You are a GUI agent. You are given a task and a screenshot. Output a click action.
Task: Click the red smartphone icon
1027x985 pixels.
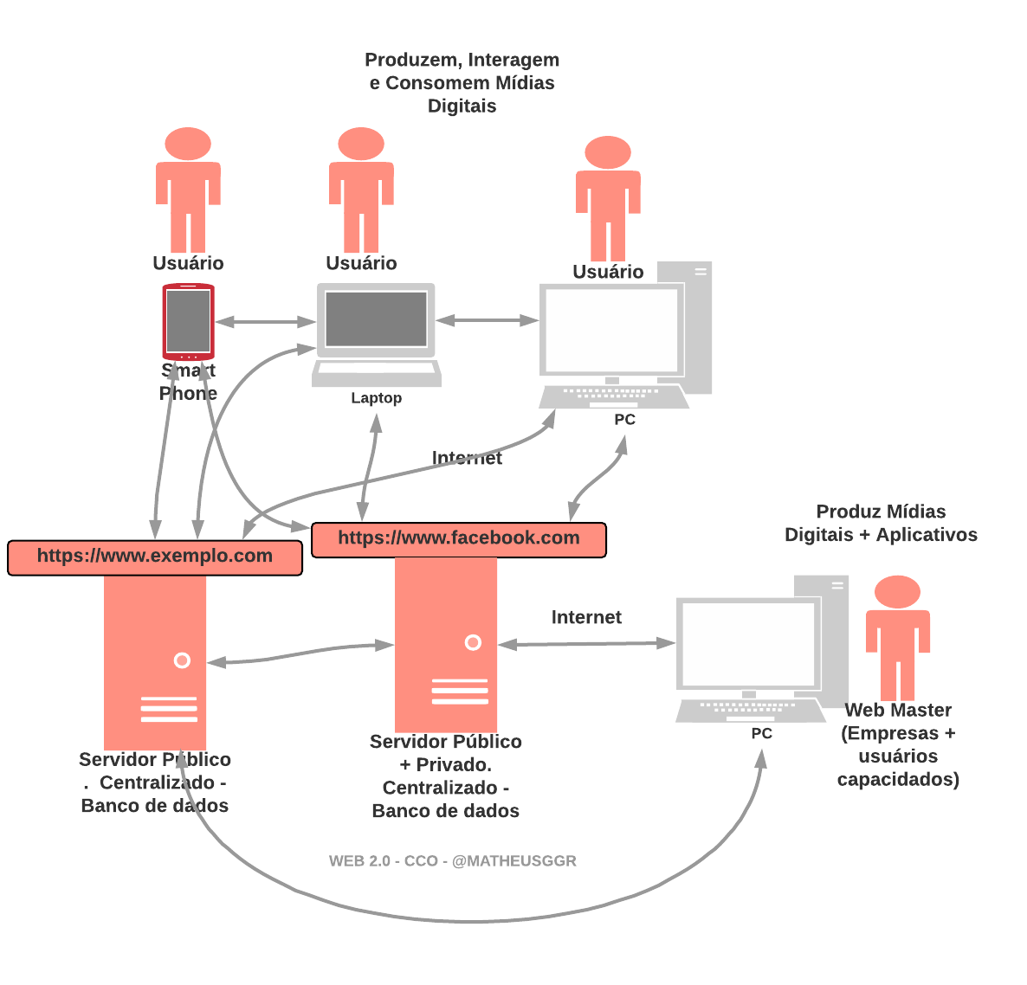tap(188, 321)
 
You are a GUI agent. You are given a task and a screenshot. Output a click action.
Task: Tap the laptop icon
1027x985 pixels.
tap(376, 333)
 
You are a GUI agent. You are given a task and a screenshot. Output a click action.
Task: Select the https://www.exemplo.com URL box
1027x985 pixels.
tap(155, 557)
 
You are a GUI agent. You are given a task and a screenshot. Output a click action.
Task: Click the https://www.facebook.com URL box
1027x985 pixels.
tap(458, 538)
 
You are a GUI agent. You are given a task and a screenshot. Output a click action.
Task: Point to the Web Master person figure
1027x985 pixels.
tap(898, 636)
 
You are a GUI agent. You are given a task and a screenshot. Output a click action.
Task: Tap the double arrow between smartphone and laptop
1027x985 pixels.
tap(265, 322)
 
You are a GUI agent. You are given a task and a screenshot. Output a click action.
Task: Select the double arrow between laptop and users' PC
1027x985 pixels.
tap(487, 320)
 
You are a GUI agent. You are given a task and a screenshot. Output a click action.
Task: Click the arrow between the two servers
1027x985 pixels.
tap(301, 653)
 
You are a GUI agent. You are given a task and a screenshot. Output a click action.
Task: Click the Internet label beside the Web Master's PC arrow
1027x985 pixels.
tap(586, 617)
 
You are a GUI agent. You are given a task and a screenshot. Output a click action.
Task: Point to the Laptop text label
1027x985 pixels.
tap(376, 398)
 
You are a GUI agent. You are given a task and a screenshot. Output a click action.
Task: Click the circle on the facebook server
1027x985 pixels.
tap(473, 642)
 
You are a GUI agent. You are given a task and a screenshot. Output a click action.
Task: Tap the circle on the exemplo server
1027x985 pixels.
tap(182, 660)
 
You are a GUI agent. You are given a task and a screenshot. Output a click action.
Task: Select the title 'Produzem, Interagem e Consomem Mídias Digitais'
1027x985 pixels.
tap(462, 83)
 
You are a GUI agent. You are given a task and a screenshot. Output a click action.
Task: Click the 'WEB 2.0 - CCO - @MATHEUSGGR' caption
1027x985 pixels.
tap(452, 861)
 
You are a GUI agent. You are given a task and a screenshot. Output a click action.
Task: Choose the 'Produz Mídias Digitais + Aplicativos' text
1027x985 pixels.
tap(881, 523)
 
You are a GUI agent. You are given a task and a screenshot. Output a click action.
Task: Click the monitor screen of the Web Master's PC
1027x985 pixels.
tap(748, 643)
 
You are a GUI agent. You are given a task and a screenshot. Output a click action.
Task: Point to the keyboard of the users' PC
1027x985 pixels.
tap(612, 396)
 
